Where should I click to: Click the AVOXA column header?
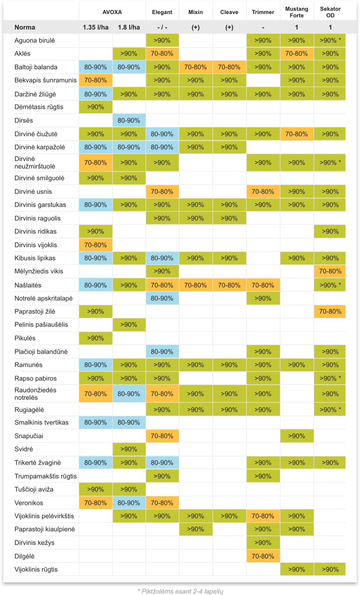[112, 12]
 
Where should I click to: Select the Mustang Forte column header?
[297, 12]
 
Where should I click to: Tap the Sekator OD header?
[330, 12]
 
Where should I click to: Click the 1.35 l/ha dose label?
[96, 27]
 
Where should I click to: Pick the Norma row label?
[25, 27]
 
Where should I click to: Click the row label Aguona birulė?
[35, 40]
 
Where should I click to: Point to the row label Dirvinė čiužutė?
[36, 134]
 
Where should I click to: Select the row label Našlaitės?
[28, 285]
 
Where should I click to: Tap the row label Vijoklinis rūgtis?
[36, 569]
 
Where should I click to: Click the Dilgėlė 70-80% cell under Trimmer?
[263, 556]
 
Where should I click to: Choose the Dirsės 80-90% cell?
[129, 120]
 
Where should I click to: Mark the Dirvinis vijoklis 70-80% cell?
[95, 245]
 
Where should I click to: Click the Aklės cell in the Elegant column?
[162, 54]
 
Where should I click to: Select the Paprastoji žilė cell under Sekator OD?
[330, 311]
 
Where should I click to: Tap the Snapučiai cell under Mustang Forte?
[297, 436]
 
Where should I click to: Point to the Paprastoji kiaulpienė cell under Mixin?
[196, 529]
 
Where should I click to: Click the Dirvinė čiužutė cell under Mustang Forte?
[297, 134]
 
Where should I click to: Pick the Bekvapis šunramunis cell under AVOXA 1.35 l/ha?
[95, 80]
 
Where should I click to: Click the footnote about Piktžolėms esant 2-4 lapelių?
[180, 591]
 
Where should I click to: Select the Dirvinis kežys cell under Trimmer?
[263, 543]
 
